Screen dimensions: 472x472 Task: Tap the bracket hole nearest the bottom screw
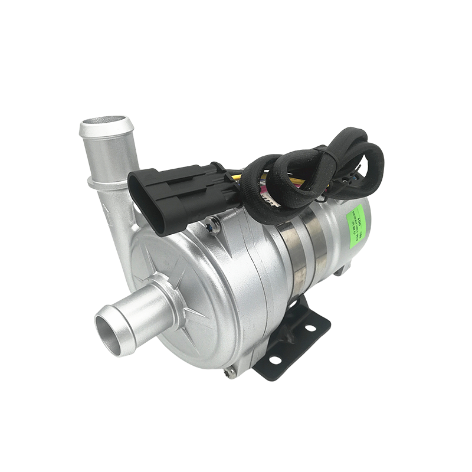pos(275,358)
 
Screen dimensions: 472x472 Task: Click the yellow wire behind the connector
pos(236,176)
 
